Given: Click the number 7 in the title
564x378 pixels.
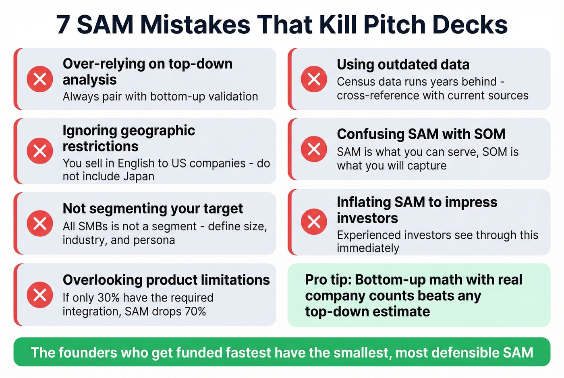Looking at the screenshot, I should [63, 25].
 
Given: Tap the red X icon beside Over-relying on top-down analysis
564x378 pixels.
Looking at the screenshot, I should [39, 79].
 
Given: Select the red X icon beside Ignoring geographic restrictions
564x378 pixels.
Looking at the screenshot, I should [39, 151].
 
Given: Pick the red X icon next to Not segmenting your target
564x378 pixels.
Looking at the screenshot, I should [39, 223].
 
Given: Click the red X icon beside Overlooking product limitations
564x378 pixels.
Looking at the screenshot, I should [39, 295].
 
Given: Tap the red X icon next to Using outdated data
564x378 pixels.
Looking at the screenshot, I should [314, 79].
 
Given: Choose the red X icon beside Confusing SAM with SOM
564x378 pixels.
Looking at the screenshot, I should [314, 149].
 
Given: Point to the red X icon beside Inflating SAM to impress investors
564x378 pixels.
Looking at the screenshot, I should [314, 221].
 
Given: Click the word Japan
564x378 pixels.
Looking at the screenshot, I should [138, 176].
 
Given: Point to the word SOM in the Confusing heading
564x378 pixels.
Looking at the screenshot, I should [489, 134].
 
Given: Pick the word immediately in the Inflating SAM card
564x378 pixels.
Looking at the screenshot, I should [368, 248].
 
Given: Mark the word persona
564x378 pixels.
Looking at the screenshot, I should [155, 240].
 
